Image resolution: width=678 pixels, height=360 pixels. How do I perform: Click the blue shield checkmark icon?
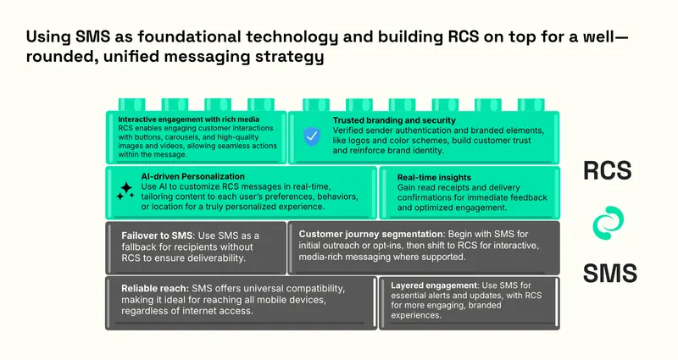[311, 136]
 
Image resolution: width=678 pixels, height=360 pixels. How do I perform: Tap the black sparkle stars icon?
[125, 191]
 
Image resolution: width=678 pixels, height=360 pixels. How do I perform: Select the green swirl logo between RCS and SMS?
[608, 223]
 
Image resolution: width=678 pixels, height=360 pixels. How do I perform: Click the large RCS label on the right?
[608, 170]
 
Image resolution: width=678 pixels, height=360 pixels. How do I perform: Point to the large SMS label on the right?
[609, 273]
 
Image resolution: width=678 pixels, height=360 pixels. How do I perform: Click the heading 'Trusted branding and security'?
[394, 120]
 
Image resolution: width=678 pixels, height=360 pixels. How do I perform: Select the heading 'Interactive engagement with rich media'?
[188, 119]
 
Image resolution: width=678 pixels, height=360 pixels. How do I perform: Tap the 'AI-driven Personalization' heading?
[193, 176]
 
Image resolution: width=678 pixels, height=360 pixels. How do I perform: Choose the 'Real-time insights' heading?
[434, 177]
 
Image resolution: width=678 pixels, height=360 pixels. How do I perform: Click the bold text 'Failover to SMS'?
[157, 235]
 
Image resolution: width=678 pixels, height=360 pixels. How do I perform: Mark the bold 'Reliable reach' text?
[155, 288]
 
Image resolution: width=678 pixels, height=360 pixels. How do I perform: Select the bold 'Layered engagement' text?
[434, 285]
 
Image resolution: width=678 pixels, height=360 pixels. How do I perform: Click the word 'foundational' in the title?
[189, 36]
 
